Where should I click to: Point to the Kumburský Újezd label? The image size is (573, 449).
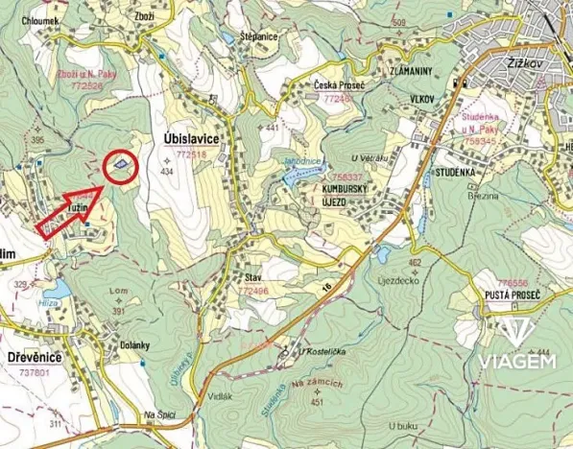346,196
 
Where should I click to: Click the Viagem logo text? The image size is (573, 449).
517,362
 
